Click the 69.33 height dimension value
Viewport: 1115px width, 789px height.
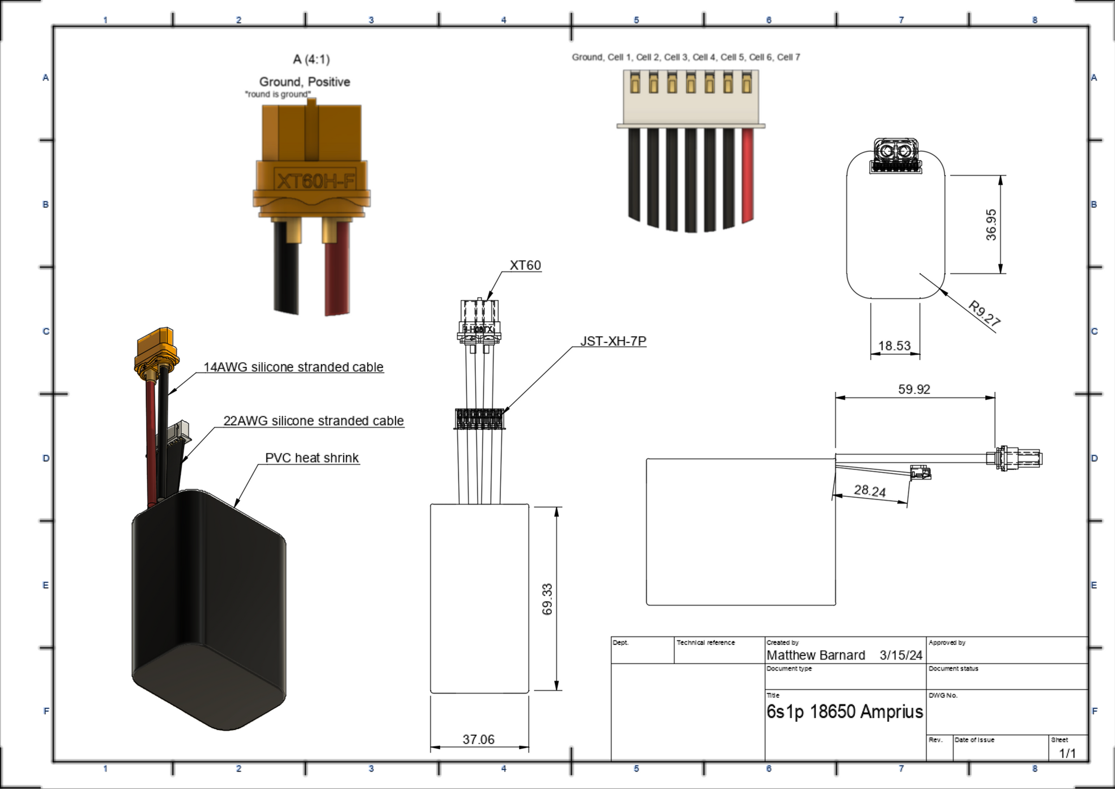tap(547, 599)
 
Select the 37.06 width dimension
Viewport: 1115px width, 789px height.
tap(478, 739)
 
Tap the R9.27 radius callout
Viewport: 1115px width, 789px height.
tap(984, 313)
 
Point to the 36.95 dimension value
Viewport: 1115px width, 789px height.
tap(991, 225)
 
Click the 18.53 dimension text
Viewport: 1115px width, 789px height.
tap(894, 346)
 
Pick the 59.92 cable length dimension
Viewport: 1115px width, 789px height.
tap(914, 389)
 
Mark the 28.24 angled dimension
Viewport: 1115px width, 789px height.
tap(870, 491)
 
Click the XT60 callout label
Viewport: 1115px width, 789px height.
tap(525, 265)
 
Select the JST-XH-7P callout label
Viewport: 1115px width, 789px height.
tap(613, 341)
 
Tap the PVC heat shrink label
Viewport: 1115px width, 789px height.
tap(312, 457)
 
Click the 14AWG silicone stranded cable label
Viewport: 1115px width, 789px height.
tap(293, 367)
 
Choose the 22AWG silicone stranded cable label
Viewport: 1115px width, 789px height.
tap(314, 421)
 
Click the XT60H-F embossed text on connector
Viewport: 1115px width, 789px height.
tap(315, 181)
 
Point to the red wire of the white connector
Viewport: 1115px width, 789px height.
tap(748, 175)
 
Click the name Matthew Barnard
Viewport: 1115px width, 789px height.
tap(816, 655)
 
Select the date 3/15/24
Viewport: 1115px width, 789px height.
tap(901, 655)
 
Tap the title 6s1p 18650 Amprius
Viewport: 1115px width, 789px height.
tap(845, 712)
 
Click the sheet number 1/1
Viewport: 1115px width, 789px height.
tap(1068, 753)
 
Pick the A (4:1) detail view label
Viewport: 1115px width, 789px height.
tap(311, 59)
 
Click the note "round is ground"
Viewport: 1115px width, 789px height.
tap(278, 94)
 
